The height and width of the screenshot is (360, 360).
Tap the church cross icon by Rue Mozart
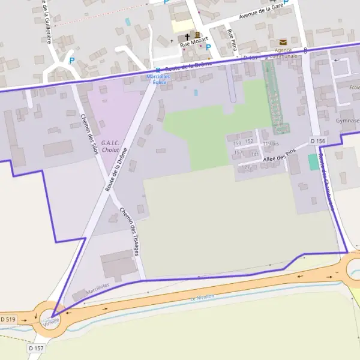tap(188, 36)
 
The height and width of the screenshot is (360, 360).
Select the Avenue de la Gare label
tap(260, 12)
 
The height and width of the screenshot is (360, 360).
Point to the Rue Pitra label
tap(232, 42)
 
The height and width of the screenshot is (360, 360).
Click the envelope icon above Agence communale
tap(283, 43)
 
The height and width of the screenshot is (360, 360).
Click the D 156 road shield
tap(318, 141)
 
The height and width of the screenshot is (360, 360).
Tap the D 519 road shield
tap(8, 319)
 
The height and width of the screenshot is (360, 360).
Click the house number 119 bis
tap(271, 144)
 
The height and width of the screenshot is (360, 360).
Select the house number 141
tap(254, 154)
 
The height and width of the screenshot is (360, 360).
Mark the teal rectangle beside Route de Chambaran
tap(313, 162)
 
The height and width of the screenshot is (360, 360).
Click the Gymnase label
tap(349, 120)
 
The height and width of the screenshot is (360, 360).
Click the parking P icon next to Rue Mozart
tap(208, 47)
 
